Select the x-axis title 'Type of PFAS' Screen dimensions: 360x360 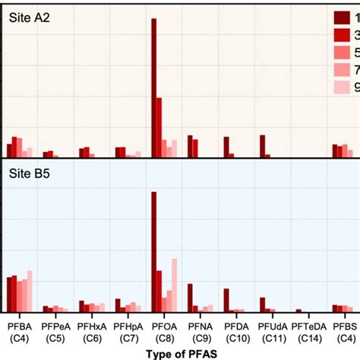pos(180,352)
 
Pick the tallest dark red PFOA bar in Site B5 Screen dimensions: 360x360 pos(154,251)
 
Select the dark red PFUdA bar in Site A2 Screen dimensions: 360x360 pos(262,146)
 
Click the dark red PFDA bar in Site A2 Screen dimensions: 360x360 pos(226,147)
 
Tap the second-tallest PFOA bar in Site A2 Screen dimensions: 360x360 pos(159,127)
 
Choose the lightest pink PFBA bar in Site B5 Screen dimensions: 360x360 pos(30,291)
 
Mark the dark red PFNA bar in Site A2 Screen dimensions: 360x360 pos(190,146)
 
